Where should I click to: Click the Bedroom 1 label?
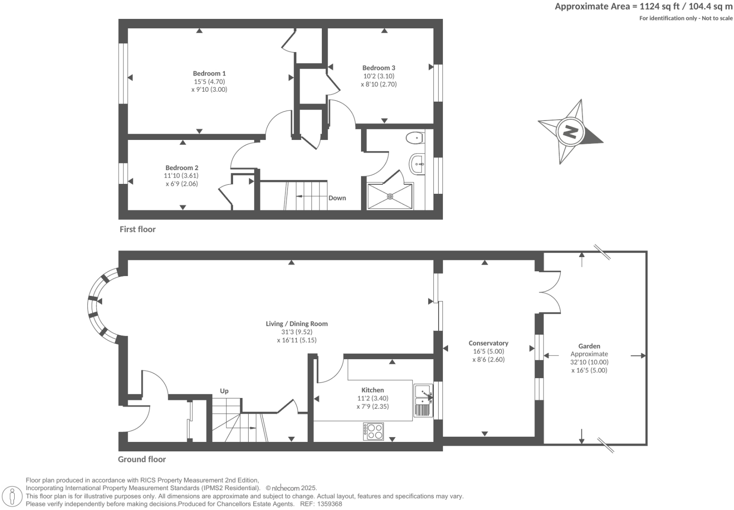(209, 73)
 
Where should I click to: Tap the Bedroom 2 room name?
(181, 168)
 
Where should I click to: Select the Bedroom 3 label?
(379, 68)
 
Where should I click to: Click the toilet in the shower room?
(414, 138)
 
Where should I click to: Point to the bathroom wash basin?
(418, 164)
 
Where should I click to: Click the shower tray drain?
(390, 196)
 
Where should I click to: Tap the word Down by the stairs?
(337, 198)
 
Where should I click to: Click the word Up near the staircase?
(224, 391)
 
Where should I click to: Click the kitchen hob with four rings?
(373, 431)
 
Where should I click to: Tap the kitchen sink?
(423, 400)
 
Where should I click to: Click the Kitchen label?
(372, 390)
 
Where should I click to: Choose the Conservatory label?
(488, 343)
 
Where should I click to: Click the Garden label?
(589, 346)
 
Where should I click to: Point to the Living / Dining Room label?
(296, 324)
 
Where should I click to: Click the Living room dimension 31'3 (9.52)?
(296, 332)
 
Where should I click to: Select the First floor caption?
(137, 229)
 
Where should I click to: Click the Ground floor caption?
(142, 459)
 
